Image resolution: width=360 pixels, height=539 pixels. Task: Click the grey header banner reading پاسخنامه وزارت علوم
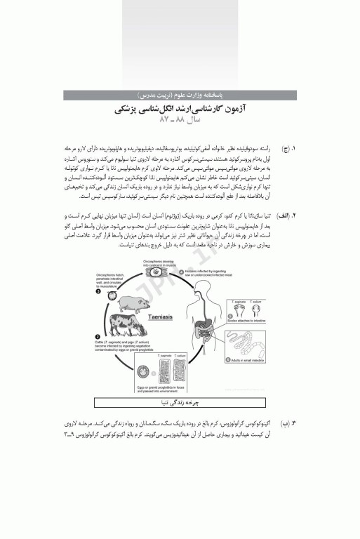179,93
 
